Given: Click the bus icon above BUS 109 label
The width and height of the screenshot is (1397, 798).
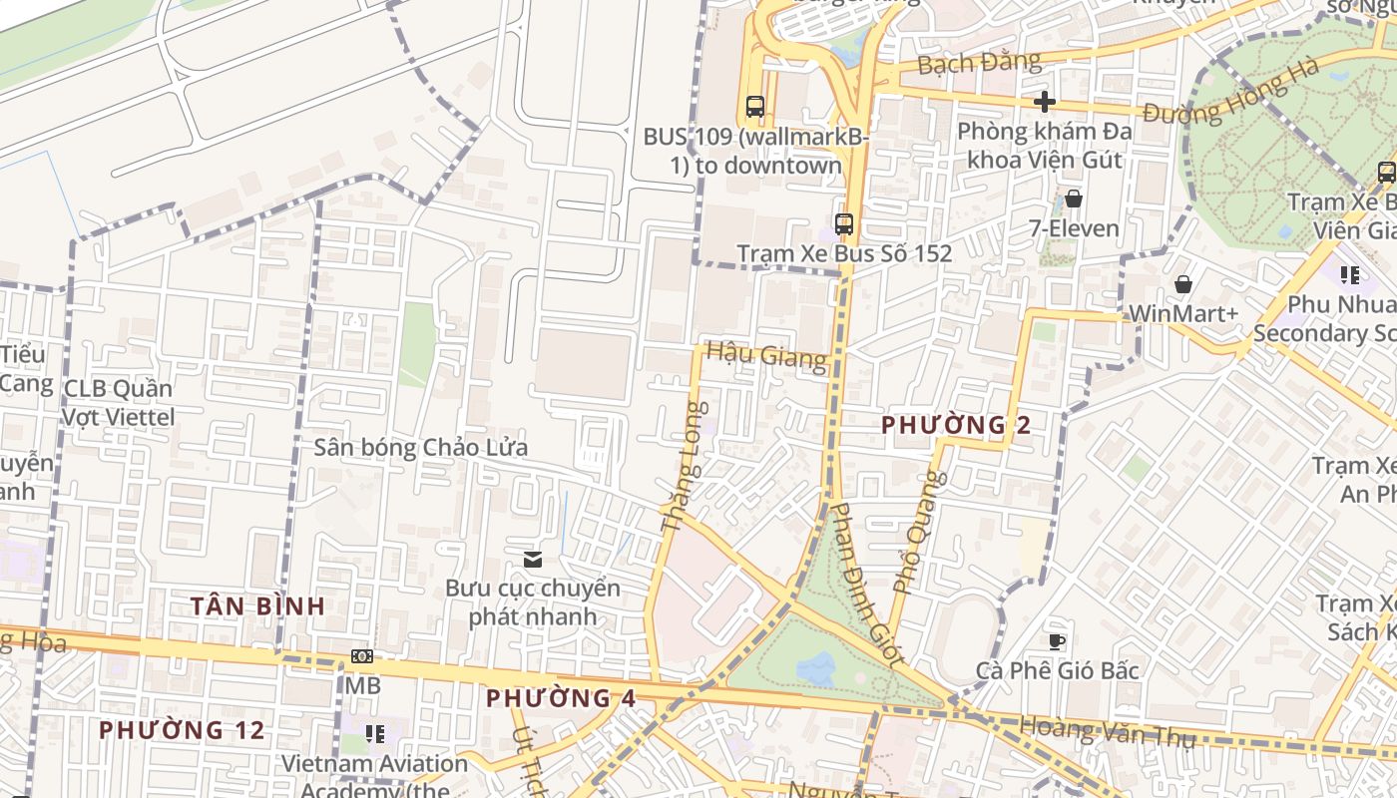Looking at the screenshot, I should click(x=755, y=106).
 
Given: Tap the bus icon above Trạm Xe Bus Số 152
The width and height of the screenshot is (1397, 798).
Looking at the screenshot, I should click(x=844, y=223).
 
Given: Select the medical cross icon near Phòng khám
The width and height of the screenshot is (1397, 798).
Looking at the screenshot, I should click(x=1045, y=101).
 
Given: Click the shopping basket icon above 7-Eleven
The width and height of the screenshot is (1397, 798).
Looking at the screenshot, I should click(x=1074, y=199).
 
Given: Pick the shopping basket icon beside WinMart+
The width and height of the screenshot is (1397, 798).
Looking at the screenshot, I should click(x=1183, y=285).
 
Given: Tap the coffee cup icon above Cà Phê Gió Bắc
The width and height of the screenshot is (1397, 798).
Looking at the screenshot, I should click(x=1057, y=640).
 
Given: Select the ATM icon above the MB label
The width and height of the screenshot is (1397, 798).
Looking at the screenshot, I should click(x=362, y=656).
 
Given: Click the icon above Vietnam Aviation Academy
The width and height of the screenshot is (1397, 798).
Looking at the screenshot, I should click(x=375, y=734).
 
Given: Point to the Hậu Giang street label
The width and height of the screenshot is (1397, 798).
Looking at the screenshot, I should click(x=765, y=354).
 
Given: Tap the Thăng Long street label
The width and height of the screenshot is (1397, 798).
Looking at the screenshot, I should click(x=685, y=465).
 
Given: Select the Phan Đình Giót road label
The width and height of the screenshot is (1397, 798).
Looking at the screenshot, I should click(x=867, y=584).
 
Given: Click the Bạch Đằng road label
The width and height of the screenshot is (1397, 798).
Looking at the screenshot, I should click(x=978, y=63).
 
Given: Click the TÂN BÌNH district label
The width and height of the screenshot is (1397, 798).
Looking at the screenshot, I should click(x=257, y=605).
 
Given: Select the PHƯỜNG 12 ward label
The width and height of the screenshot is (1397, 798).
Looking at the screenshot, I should click(x=182, y=730).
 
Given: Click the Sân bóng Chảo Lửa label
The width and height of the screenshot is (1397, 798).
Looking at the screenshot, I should click(x=420, y=447).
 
